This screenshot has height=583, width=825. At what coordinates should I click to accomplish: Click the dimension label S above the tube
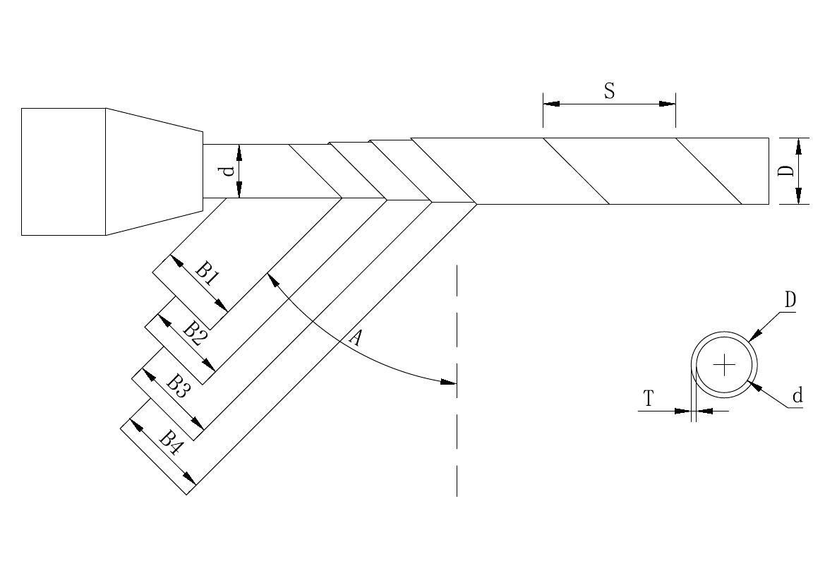tap(609, 92)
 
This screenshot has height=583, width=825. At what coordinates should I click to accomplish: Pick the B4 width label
tap(169, 440)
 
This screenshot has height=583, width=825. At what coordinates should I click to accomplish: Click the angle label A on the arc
tap(356, 339)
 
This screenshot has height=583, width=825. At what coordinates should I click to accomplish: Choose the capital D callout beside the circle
tap(790, 301)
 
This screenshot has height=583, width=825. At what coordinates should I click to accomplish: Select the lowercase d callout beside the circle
tap(797, 396)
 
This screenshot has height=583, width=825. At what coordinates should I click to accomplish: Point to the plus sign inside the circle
tap(724, 365)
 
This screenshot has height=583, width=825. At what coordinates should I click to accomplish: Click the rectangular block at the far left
tap(64, 172)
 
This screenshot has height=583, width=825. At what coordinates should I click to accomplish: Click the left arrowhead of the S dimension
tap(551, 104)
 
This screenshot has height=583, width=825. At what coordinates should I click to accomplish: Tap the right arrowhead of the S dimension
tap(668, 104)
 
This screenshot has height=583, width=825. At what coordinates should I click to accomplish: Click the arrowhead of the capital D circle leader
tap(754, 336)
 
